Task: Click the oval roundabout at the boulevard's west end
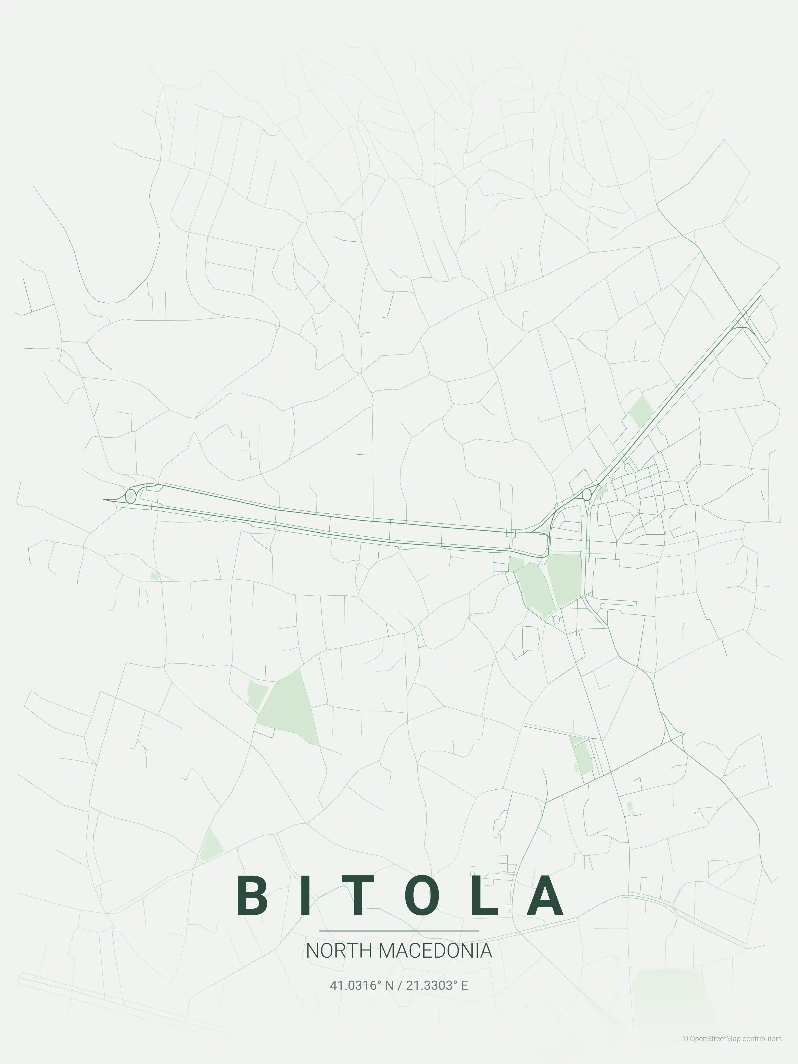click(130, 496)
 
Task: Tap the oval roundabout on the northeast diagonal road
click(586, 495)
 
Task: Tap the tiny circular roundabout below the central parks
click(557, 619)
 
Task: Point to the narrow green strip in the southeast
click(582, 756)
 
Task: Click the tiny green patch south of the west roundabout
click(154, 575)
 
